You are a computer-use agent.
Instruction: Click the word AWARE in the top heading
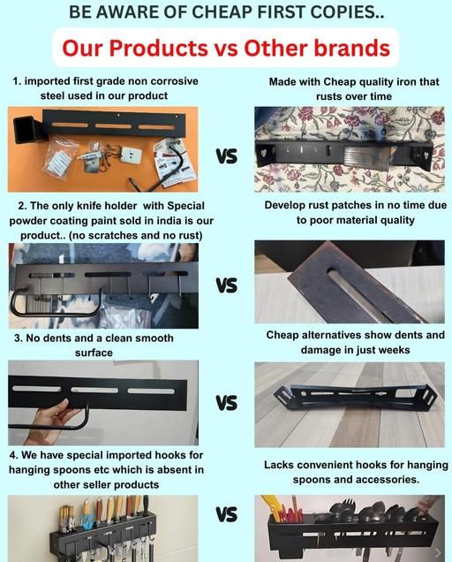click(x=127, y=12)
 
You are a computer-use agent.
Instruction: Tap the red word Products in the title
click(x=158, y=48)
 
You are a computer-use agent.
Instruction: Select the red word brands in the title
click(x=351, y=48)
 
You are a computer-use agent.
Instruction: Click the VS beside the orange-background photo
click(x=226, y=156)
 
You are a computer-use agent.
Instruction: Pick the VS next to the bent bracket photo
click(x=226, y=403)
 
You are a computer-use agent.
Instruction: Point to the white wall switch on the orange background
click(x=130, y=155)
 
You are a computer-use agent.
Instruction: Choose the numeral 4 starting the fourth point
click(x=13, y=455)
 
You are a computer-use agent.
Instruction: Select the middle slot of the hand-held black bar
click(x=94, y=390)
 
